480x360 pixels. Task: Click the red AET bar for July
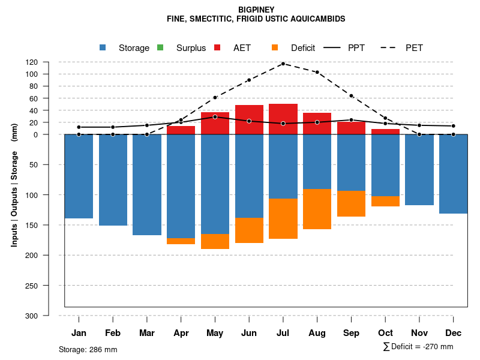pos(283,119)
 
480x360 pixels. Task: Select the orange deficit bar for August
pos(317,209)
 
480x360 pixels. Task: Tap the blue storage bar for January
pos(79,176)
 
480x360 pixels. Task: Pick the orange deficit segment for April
pos(181,241)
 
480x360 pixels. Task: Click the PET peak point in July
pos(283,64)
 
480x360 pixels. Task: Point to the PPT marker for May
pos(215,117)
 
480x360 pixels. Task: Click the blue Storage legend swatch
pos(103,48)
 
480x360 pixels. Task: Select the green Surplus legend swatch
pos(160,48)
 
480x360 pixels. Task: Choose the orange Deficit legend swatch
pos(275,48)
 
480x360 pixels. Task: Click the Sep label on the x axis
pos(352,333)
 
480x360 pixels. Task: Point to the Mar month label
pos(147,333)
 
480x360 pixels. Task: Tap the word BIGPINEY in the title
pos(256,10)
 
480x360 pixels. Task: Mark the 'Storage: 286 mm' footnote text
pos(88,349)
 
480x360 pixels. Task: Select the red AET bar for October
pos(385,131)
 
